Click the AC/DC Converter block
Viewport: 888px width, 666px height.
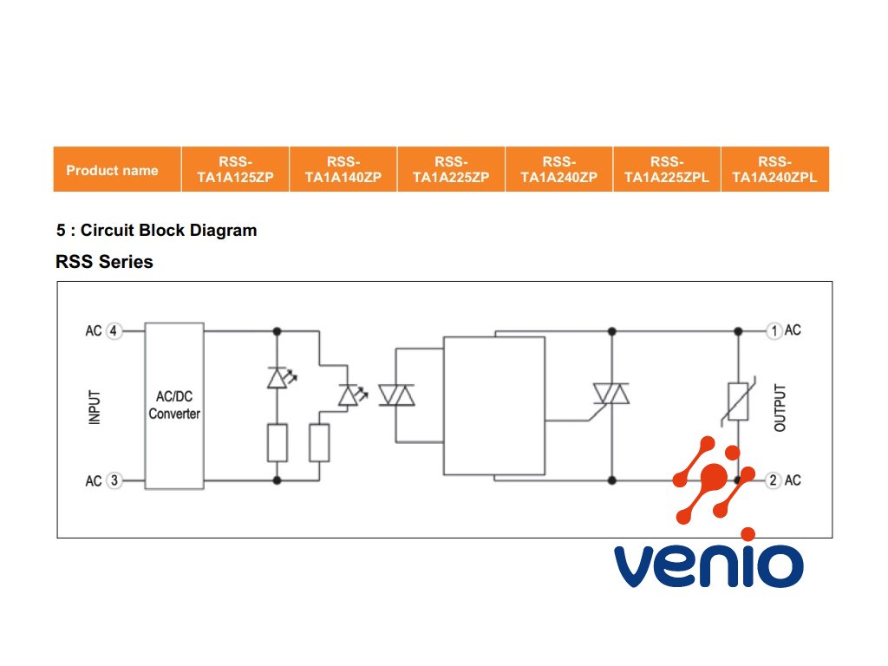174,406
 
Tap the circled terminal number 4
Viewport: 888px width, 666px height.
114,330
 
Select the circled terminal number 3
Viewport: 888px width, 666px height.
114,480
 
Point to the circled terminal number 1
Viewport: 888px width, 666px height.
774,330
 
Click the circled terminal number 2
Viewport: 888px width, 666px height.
774,480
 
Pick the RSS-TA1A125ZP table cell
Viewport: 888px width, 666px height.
236,169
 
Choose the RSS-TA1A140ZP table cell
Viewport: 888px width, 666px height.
343,169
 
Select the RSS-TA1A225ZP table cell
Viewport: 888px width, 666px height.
451,169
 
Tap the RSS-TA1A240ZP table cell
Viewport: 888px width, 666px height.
559,169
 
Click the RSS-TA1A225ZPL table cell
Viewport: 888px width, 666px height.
667,169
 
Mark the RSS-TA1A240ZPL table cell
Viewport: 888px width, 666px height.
775,169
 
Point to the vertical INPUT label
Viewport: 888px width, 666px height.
95,407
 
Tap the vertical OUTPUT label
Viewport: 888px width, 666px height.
780,408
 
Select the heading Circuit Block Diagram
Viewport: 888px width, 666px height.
169,231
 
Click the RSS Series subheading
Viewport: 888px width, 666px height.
104,262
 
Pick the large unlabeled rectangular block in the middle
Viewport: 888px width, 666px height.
494,406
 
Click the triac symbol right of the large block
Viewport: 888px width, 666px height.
611,394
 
